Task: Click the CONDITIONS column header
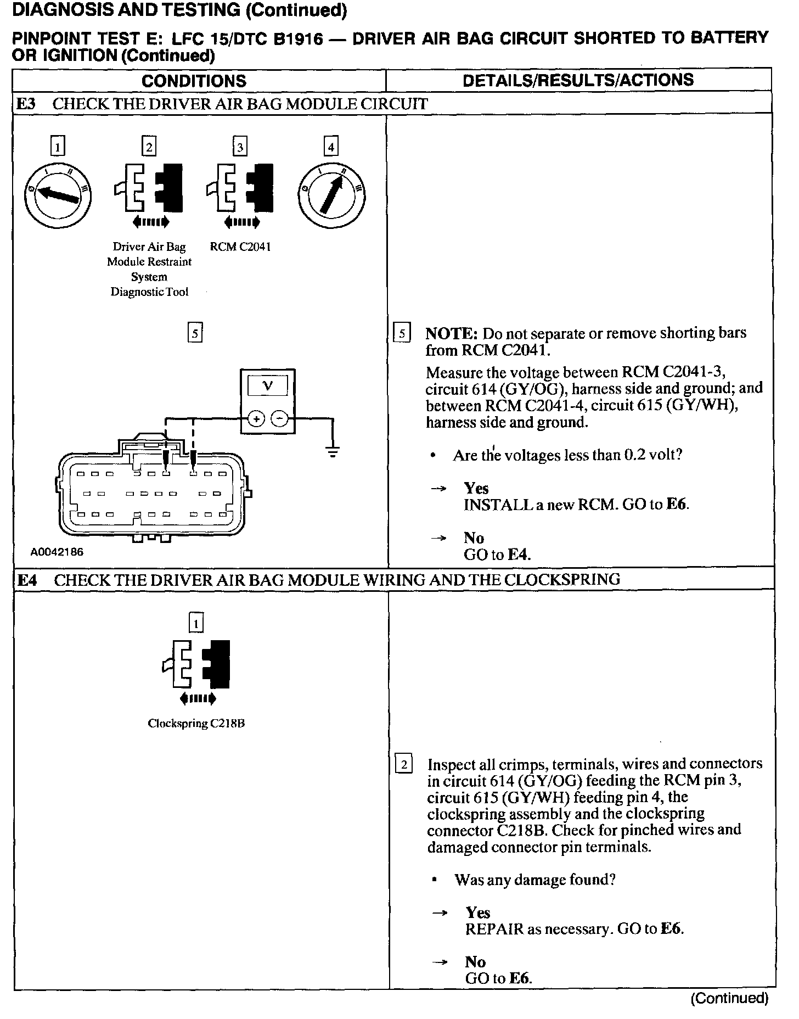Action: [194, 81]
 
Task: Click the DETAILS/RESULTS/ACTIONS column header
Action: [578, 80]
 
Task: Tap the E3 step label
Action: [26, 104]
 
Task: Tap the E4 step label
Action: [27, 580]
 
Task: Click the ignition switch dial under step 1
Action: [58, 195]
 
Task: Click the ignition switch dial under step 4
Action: [331, 195]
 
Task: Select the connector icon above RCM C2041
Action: [240, 188]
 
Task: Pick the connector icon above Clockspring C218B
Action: [196, 664]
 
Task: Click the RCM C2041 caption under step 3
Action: [240, 247]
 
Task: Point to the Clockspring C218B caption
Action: [196, 723]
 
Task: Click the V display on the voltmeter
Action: [268, 386]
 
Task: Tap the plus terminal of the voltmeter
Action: [256, 419]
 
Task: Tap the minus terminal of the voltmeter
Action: [280, 419]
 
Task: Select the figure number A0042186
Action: [57, 552]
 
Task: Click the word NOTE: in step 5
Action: [452, 334]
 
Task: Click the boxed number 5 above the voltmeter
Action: [195, 333]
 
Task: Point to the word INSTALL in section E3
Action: [498, 505]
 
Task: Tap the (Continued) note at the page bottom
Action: [729, 998]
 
